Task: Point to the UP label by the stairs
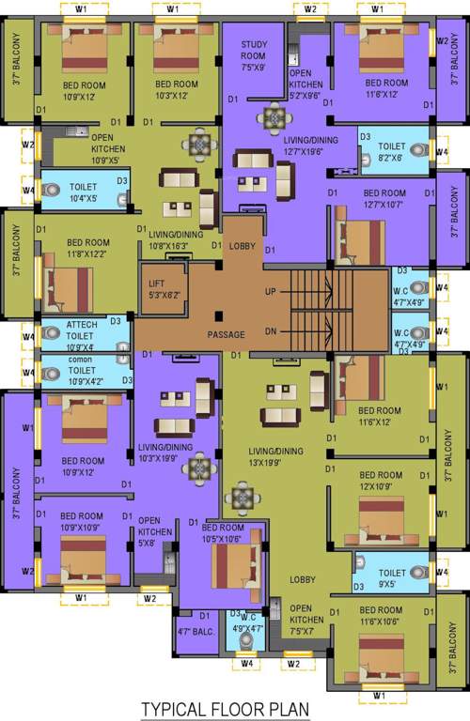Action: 271,292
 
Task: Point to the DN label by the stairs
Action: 271,331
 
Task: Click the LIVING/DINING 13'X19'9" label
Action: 276,457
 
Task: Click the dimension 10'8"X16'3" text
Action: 169,247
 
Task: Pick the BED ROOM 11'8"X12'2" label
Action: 86,248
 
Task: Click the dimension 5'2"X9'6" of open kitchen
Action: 306,95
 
